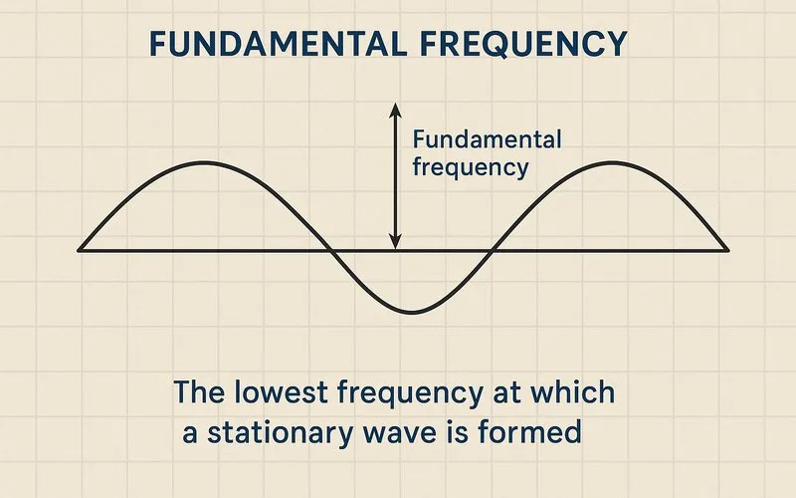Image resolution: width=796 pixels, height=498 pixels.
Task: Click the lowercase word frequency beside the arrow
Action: click(470, 167)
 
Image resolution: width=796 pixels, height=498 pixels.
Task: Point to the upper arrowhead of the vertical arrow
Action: click(395, 107)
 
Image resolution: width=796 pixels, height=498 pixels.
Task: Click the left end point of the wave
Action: click(80, 249)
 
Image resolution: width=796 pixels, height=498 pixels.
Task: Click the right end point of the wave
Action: click(728, 249)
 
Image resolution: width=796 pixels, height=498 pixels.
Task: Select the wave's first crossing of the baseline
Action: click(327, 249)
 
